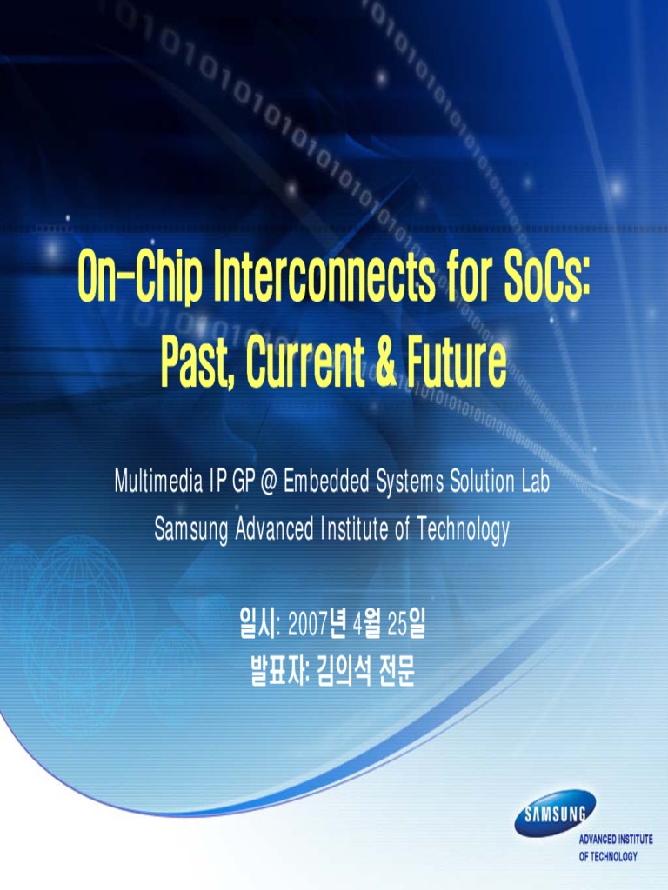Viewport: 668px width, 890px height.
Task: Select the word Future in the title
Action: [456, 366]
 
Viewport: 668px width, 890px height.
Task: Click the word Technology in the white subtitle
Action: [462, 529]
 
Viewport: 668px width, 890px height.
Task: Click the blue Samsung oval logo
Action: [555, 813]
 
